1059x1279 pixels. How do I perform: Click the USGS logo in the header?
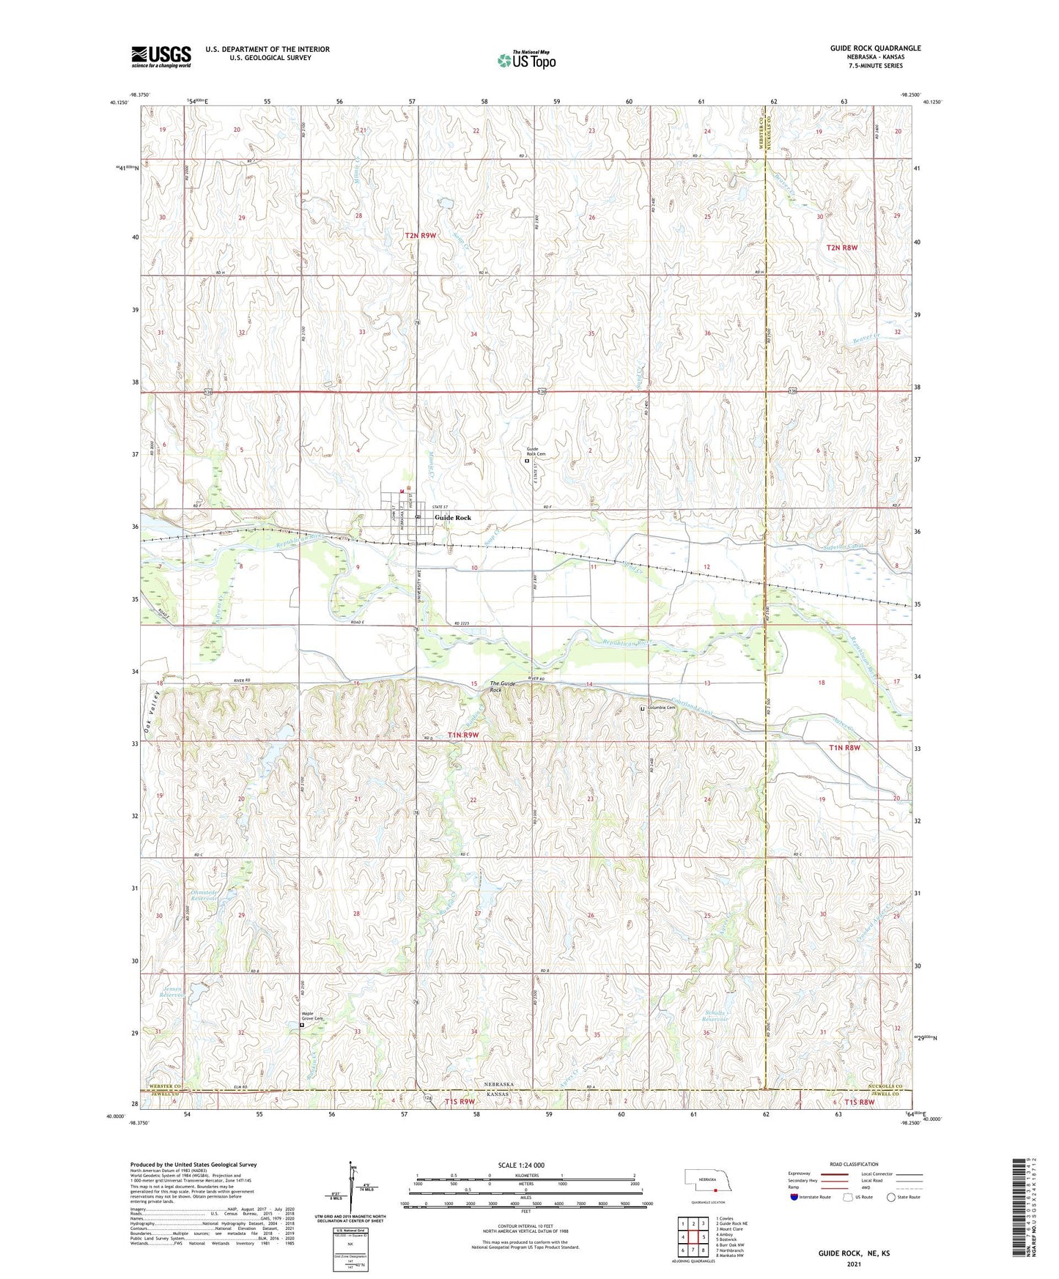[160, 56]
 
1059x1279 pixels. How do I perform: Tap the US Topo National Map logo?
[525, 59]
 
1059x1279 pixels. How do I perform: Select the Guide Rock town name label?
[453, 517]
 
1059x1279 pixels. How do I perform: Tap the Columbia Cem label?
[660, 708]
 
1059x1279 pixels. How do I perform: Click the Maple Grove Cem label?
[313, 1016]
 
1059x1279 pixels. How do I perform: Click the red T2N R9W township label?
[421, 235]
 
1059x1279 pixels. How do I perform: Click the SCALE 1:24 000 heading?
[521, 1165]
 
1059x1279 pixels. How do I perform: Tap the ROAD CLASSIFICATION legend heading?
[854, 1164]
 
